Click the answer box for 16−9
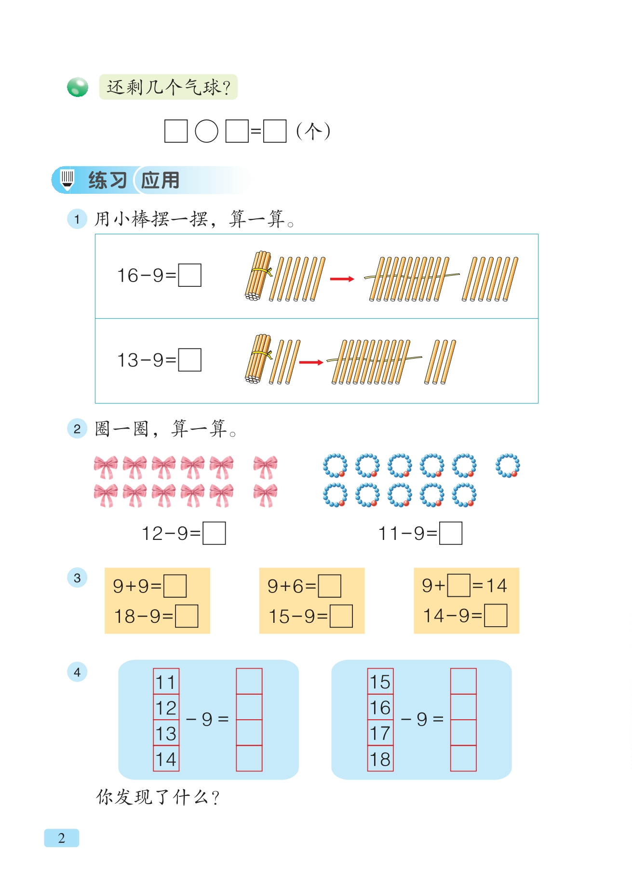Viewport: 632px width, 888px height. pyautogui.click(x=189, y=275)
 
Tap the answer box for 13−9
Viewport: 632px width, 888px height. pyautogui.click(x=189, y=360)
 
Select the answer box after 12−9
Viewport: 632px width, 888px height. pyautogui.click(x=214, y=533)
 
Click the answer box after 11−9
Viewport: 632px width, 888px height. pyautogui.click(x=451, y=533)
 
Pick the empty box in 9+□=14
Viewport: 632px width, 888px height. pyautogui.click(x=458, y=585)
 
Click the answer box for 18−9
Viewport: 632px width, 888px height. pyautogui.click(x=187, y=616)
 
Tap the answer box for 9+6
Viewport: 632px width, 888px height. pyautogui.click(x=330, y=586)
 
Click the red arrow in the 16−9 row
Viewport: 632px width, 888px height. pyautogui.click(x=342, y=279)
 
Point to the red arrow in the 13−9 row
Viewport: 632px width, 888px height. pyautogui.click(x=311, y=362)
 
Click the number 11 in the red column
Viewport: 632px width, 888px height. pyautogui.click(x=166, y=681)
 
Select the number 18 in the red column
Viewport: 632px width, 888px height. pyautogui.click(x=380, y=759)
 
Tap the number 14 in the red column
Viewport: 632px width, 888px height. pyautogui.click(x=166, y=759)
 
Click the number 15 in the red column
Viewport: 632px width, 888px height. pyautogui.click(x=380, y=681)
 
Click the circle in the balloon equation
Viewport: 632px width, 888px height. pyautogui.click(x=206, y=131)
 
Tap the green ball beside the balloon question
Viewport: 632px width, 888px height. pyautogui.click(x=78, y=87)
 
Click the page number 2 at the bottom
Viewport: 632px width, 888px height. pyautogui.click(x=62, y=838)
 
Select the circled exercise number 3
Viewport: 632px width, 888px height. pyautogui.click(x=77, y=578)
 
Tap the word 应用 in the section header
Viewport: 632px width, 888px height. pyautogui.click(x=160, y=180)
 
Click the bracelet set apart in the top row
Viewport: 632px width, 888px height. pyautogui.click(x=508, y=465)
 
